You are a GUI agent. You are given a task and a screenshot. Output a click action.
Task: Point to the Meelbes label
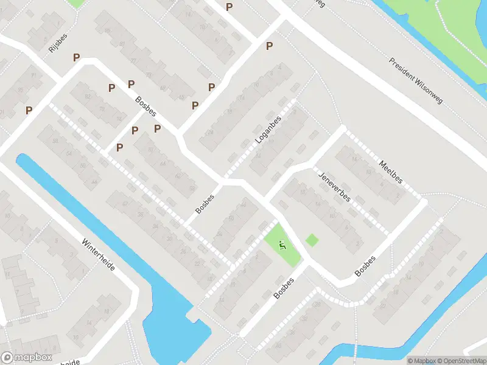click(390, 172)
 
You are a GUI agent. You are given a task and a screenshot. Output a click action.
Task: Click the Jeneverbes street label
click(334, 188)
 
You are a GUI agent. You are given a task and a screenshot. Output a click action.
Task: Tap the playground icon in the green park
click(281, 246)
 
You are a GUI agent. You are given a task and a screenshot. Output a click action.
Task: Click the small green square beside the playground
click(312, 240)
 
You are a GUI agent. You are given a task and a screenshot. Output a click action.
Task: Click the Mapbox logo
click(26, 358)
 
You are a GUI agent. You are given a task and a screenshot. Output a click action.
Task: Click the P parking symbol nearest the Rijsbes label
click(76, 57)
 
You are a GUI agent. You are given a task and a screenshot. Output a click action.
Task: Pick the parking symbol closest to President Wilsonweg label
click(269, 46)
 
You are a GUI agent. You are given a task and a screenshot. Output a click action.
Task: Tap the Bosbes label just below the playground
click(284, 288)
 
